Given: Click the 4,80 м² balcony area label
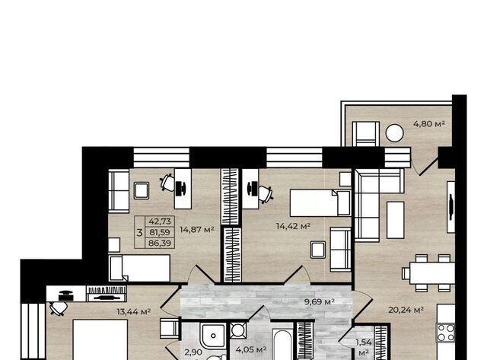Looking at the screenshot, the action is point(429,124).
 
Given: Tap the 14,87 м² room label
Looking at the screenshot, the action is point(197,230).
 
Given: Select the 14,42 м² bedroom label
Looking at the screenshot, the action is point(293,226).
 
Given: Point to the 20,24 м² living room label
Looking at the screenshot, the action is point(406,310).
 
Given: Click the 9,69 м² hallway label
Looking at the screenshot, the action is point(320,301).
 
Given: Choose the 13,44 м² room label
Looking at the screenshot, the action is point(134,311).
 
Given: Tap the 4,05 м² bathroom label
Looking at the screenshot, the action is point(251,349).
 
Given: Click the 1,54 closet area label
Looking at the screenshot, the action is point(364,342).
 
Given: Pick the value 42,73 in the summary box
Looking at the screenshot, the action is point(160,221).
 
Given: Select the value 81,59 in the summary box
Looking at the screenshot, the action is point(160,232).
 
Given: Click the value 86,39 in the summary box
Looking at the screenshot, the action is point(160,243).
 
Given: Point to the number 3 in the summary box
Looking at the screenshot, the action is point(139,232).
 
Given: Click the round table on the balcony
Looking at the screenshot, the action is point(394,133).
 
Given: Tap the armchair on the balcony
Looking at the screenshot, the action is point(365,134).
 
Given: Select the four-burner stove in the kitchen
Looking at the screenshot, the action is point(446,333).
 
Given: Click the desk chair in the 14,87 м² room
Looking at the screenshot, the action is point(167,183).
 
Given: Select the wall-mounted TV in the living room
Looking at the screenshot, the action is point(450,207).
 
